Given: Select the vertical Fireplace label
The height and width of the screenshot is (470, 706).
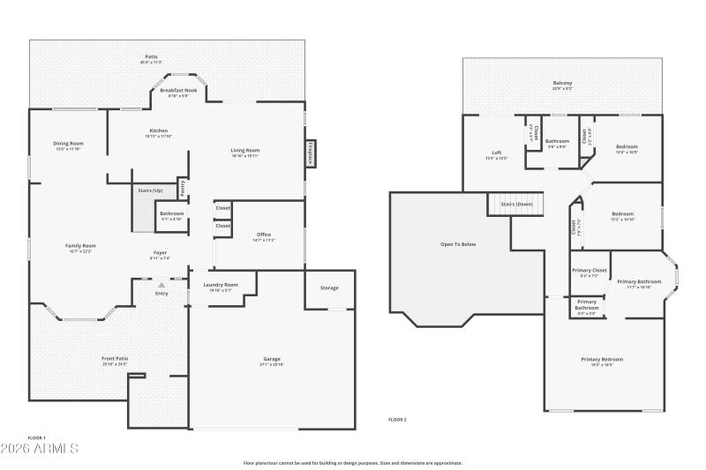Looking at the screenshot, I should click(x=310, y=153).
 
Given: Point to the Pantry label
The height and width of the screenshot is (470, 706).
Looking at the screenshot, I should click(x=183, y=187).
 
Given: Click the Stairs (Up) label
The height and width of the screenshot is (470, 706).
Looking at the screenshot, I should click(x=150, y=190).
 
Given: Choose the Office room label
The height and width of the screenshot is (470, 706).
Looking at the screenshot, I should click(x=264, y=234).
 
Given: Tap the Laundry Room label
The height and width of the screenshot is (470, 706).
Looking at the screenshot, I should click(x=221, y=285).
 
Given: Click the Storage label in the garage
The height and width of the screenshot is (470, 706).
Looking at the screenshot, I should click(x=329, y=288).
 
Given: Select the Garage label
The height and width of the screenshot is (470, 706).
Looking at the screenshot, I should click(x=272, y=359).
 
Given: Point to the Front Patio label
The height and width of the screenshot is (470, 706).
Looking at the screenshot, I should click(x=115, y=358).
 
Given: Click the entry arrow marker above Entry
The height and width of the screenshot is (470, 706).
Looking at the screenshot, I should click(x=161, y=286).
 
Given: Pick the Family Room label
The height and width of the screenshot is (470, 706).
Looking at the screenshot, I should click(x=80, y=245).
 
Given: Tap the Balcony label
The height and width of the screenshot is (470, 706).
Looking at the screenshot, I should click(x=562, y=83).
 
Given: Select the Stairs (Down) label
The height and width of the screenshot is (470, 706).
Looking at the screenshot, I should click(x=516, y=204).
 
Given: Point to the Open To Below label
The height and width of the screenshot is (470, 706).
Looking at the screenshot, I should click(x=458, y=244).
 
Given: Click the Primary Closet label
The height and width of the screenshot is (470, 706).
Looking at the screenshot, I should click(x=589, y=270).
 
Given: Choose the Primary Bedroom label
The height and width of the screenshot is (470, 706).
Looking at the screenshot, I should click(x=602, y=359).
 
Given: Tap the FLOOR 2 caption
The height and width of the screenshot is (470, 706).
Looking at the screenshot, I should click(x=398, y=419).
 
